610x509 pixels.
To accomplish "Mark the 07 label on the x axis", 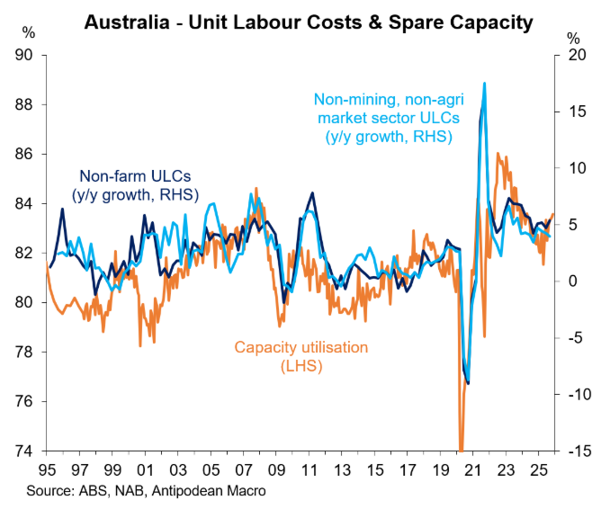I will click(244, 471).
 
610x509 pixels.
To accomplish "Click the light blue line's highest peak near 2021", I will click(485, 84).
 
